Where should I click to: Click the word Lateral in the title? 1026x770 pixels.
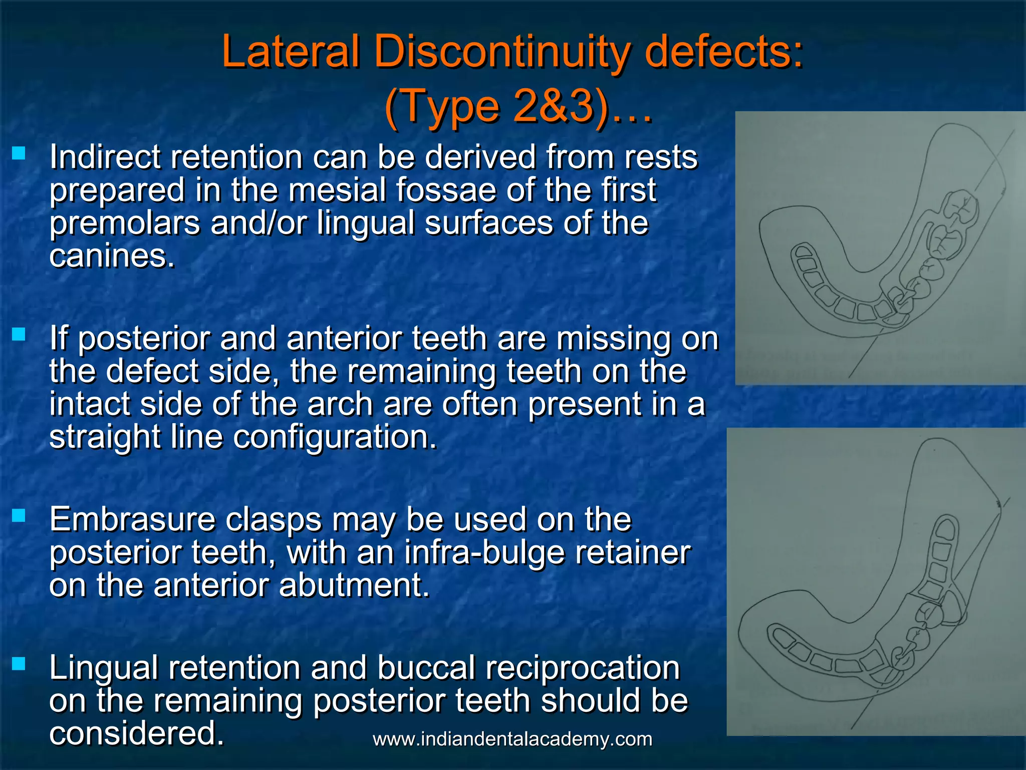coord(291,52)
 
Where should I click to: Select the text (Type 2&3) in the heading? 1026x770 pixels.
coord(497,107)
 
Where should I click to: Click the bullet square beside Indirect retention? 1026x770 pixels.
coord(19,153)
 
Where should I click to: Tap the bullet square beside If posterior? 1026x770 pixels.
coord(19,334)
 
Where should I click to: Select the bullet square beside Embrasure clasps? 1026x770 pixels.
coord(19,515)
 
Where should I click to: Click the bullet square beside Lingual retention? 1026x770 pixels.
coord(19,664)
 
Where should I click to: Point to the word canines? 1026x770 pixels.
coord(111,256)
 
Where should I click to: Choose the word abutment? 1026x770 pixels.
coord(354,586)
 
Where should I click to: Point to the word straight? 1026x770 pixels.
coord(104,437)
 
